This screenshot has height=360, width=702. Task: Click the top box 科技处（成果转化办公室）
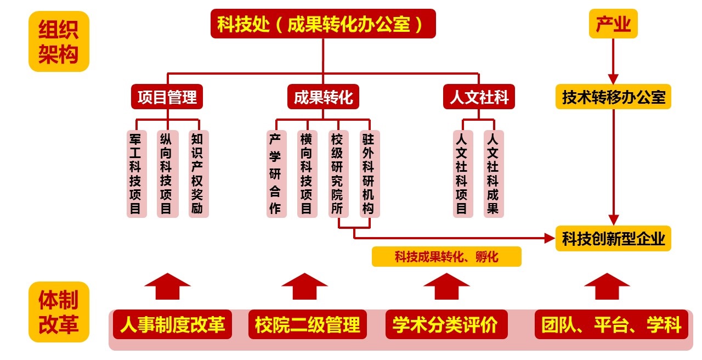click(323, 24)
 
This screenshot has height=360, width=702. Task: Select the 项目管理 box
click(167, 98)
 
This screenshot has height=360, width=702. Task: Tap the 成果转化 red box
click(323, 98)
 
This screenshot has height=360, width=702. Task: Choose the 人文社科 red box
click(479, 98)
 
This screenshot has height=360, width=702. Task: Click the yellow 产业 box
click(613, 24)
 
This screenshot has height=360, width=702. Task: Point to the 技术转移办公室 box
click(613, 98)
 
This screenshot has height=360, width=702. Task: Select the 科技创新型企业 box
click(613, 239)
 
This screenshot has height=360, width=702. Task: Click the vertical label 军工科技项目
click(136, 173)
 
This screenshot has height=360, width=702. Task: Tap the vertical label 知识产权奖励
click(198, 173)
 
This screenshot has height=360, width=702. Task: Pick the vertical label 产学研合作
click(275, 173)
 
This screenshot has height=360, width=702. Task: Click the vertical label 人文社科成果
click(493, 173)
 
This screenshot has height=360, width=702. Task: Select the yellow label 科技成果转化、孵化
click(446, 257)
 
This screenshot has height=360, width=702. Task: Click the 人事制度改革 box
click(173, 325)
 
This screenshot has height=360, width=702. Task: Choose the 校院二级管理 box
click(308, 325)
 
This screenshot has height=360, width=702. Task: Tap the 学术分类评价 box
click(445, 325)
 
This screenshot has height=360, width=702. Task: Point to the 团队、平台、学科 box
click(611, 325)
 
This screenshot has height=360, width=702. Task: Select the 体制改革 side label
click(59, 312)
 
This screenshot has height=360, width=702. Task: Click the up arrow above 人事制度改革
click(167, 286)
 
